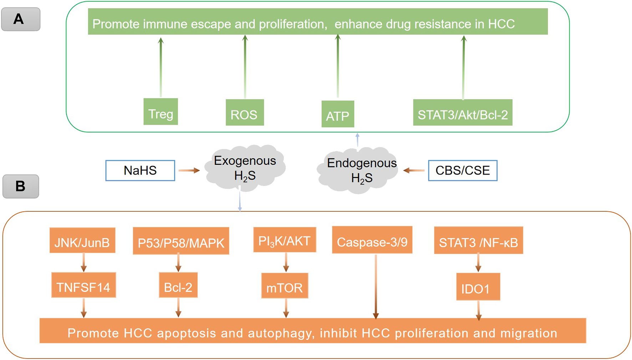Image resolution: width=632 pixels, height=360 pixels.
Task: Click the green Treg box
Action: click(160, 112)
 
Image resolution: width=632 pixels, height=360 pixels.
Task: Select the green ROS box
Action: click(245, 112)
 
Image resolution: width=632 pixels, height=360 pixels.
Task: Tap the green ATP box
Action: click(338, 114)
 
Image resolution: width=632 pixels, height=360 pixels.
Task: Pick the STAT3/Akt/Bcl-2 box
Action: click(463, 112)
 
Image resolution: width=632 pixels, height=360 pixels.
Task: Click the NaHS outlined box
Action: click(140, 171)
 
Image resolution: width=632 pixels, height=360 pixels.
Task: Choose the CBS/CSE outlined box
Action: click(463, 171)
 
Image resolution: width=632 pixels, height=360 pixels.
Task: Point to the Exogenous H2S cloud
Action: click(245, 168)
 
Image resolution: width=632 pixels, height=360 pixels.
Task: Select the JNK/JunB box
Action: click(82, 240)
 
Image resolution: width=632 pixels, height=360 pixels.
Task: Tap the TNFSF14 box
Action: click(83, 285)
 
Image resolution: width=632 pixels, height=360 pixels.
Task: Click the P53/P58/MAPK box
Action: click(181, 241)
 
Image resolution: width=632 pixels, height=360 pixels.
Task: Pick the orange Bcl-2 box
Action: click(178, 285)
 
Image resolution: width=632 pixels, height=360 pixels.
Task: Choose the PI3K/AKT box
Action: click(285, 240)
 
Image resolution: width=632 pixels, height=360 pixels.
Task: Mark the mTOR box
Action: click(285, 285)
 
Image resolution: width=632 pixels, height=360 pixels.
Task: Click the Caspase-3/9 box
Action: click(372, 240)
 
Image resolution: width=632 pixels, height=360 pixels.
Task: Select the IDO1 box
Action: click(478, 287)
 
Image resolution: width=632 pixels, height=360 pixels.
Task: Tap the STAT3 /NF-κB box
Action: click(478, 240)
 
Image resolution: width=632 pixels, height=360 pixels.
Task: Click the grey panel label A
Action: click(21, 19)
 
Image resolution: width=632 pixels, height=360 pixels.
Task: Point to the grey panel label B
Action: click(21, 186)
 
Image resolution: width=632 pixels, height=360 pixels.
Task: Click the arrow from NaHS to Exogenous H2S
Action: click(189, 171)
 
